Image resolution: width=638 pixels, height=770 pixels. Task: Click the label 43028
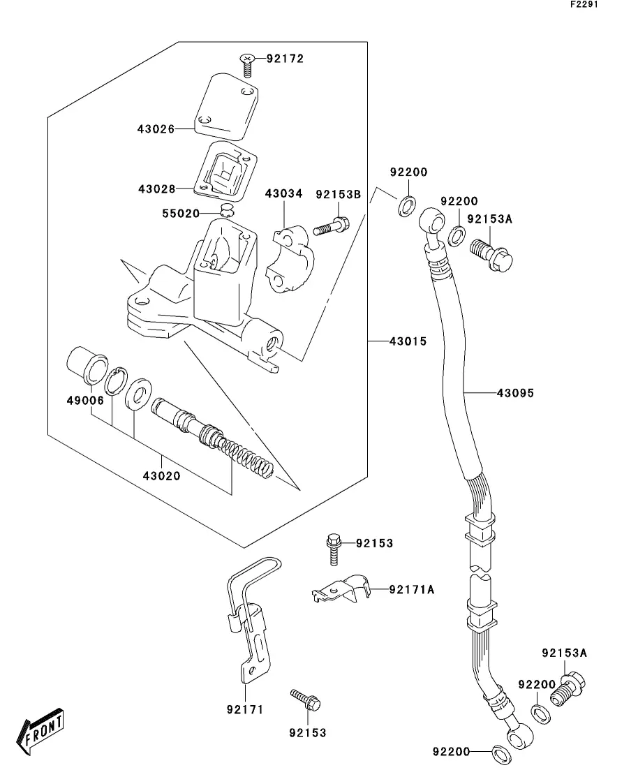(156, 189)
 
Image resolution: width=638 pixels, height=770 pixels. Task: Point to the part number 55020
(181, 213)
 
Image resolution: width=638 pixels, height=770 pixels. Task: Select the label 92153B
(338, 195)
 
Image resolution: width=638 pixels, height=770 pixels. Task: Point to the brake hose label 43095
(515, 393)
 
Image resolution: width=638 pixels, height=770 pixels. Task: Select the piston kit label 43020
(161, 476)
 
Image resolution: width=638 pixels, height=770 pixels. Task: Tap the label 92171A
(411, 589)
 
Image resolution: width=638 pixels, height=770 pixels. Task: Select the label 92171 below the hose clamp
(244, 710)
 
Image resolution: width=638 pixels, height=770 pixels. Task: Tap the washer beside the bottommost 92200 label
(500, 753)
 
